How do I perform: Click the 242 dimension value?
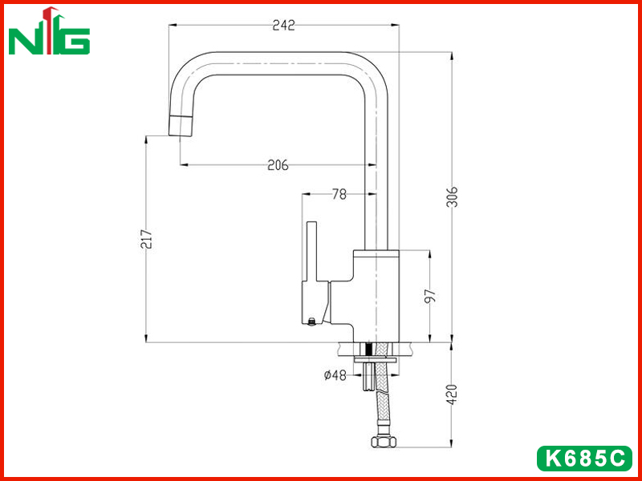(x=283, y=26)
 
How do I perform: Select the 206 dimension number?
(x=278, y=165)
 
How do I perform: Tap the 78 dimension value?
(x=339, y=194)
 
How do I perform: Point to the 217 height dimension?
(x=147, y=239)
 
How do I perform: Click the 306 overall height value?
(x=452, y=196)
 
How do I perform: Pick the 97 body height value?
(x=430, y=296)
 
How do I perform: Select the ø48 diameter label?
(x=335, y=374)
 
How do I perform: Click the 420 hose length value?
(x=452, y=394)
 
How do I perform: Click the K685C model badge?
(x=584, y=458)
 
